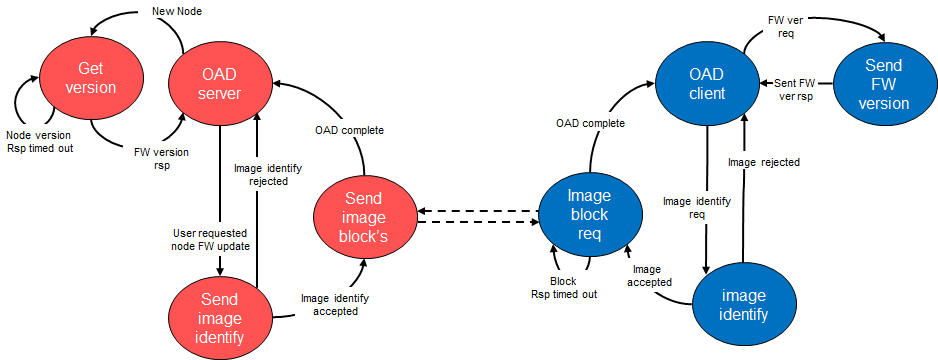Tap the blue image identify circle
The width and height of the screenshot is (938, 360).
tap(742, 305)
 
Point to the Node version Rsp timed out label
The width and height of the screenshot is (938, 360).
tap(39, 142)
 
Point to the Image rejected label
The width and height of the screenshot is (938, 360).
tap(763, 161)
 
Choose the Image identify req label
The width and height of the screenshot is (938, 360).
tap(696, 207)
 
